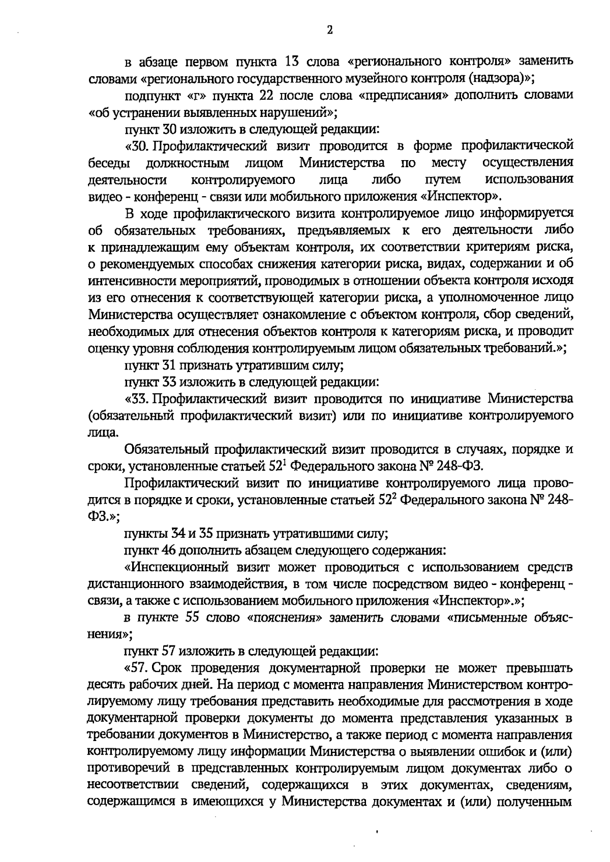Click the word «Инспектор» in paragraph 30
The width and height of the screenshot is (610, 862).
click(463, 196)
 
